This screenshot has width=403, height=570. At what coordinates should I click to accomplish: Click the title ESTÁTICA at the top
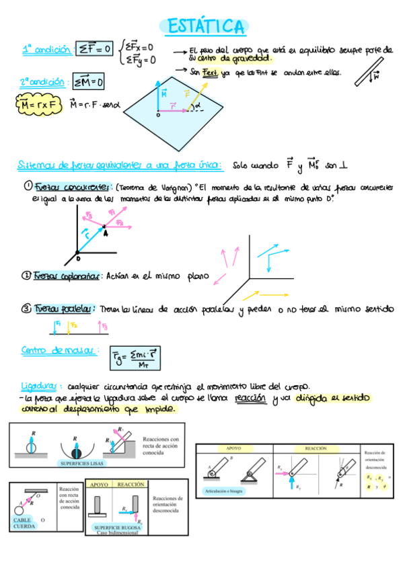[205, 26]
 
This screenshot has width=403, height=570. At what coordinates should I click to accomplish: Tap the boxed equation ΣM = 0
[89, 83]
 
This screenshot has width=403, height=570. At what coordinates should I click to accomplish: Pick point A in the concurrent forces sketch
[104, 231]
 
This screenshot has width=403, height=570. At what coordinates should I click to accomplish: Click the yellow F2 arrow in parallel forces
[68, 327]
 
